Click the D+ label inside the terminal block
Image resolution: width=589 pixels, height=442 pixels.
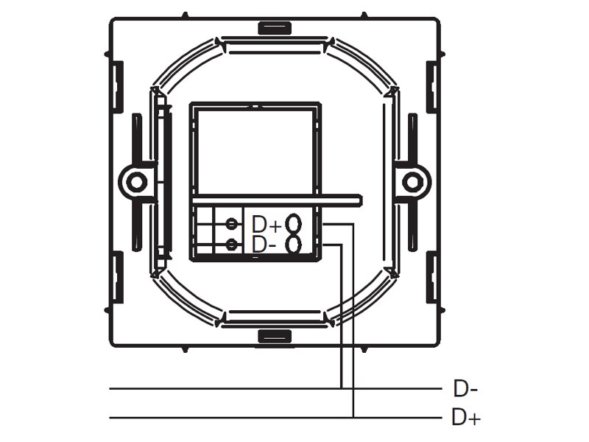coord(267,224)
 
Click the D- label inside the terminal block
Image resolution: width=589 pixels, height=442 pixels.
coord(264,245)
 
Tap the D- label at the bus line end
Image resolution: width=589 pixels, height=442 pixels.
coord(465,389)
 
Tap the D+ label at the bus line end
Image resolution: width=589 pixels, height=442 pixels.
coord(466,417)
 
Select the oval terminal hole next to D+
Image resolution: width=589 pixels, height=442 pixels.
coord(293,224)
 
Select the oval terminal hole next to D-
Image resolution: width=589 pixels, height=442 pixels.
coord(293,245)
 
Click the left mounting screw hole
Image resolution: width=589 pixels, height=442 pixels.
coord(136,182)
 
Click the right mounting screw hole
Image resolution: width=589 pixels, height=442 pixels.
coord(412,182)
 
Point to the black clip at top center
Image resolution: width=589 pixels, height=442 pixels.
coord(275,28)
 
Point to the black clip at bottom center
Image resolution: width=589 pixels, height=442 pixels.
coord(275,336)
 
